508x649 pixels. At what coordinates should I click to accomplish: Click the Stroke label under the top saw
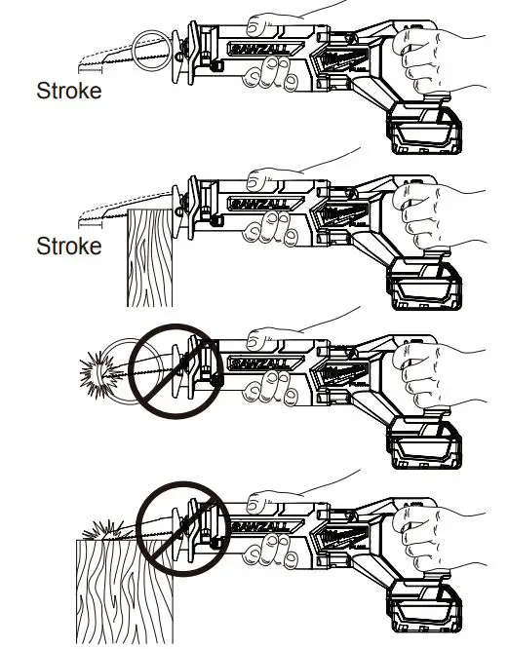[68, 94]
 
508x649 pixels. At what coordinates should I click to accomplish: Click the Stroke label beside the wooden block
[68, 246]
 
